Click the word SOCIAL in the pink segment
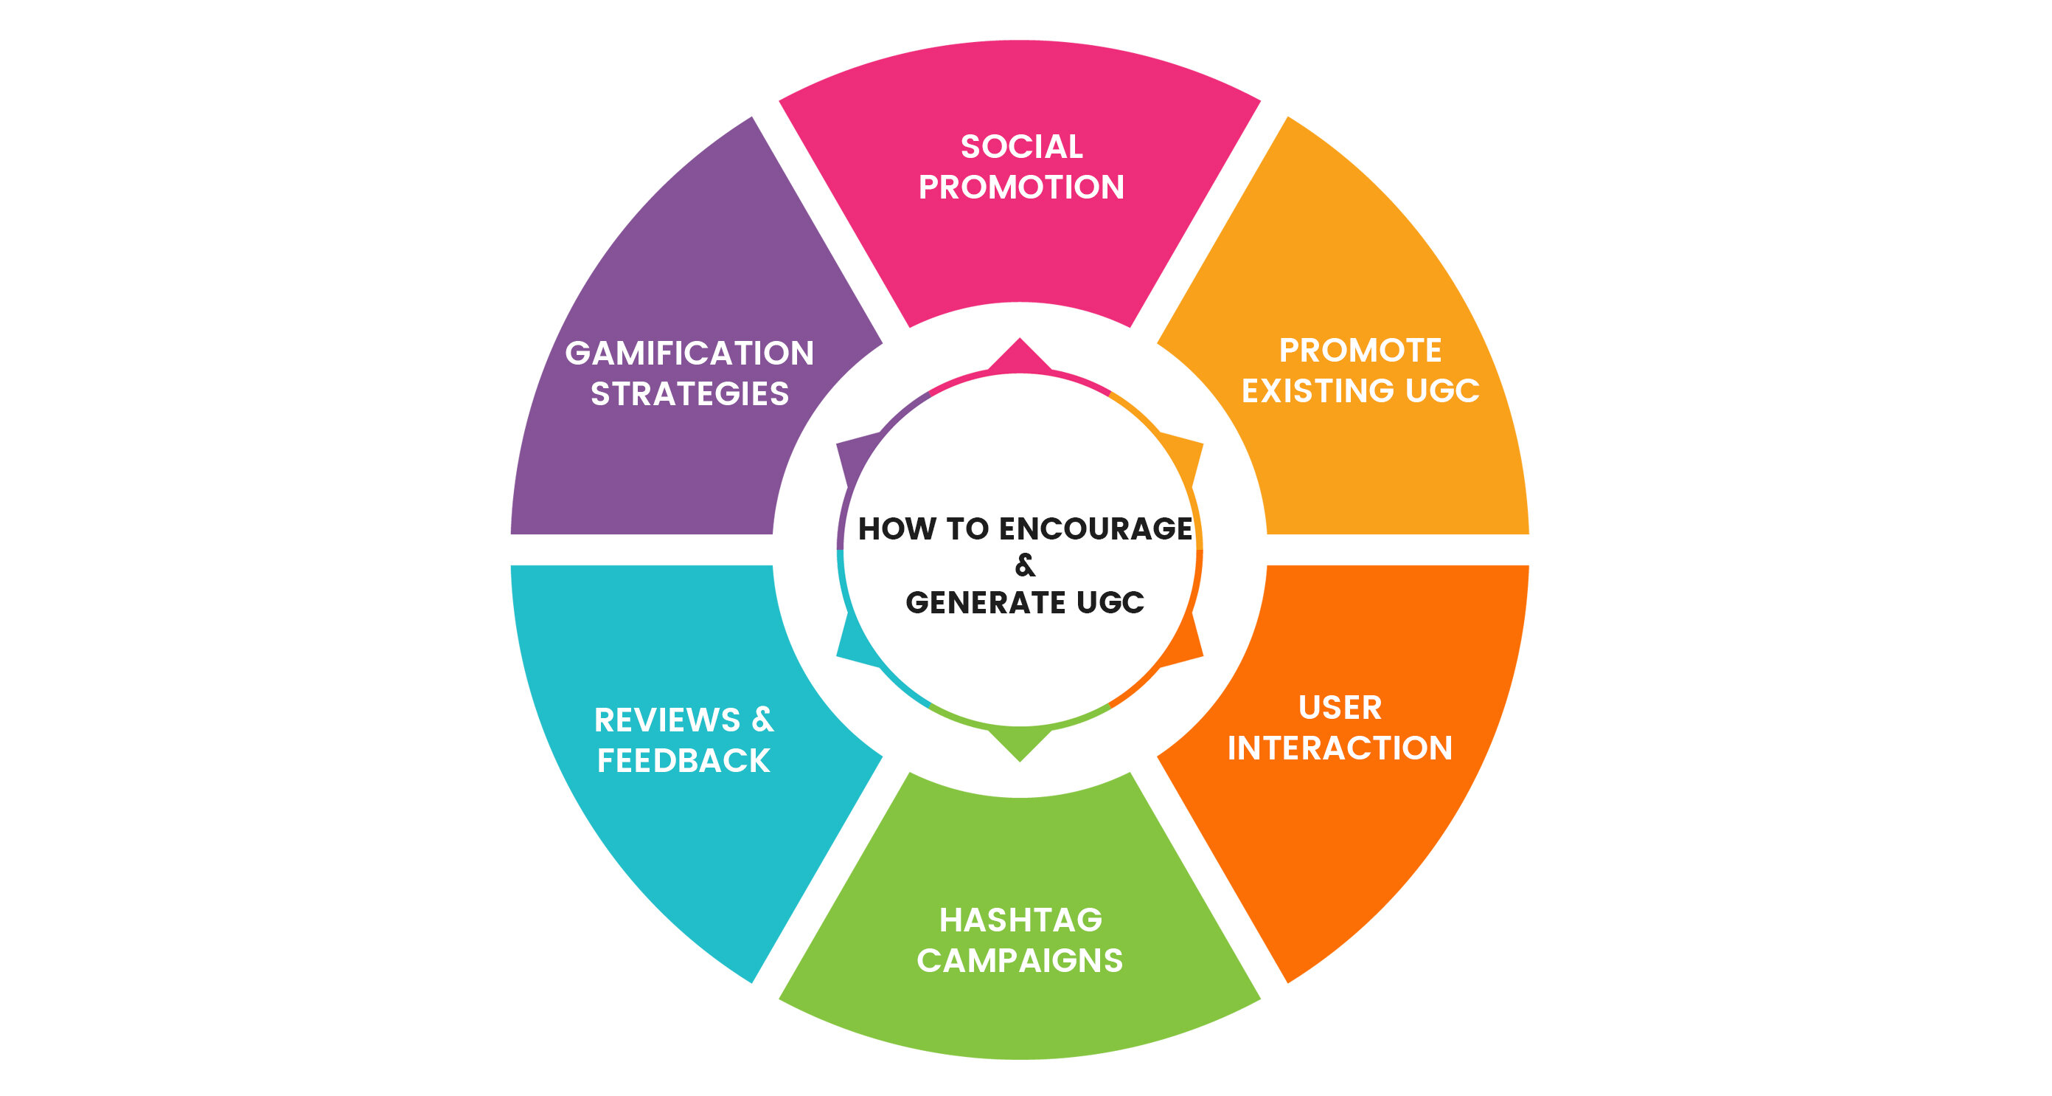(x=1021, y=147)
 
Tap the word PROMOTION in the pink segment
(x=1021, y=187)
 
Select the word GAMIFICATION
(x=689, y=353)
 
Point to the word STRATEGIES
(x=689, y=394)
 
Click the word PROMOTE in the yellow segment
(x=1360, y=350)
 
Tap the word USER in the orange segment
(x=1340, y=707)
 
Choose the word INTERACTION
(x=1340, y=748)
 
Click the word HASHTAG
(x=1020, y=920)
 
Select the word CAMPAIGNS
(x=1020, y=960)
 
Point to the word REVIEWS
(x=667, y=720)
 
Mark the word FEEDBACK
(x=684, y=760)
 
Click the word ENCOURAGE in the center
(x=1095, y=528)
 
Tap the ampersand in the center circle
(x=1025, y=565)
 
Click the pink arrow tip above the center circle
(x=1020, y=354)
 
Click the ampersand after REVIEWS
(x=762, y=719)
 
